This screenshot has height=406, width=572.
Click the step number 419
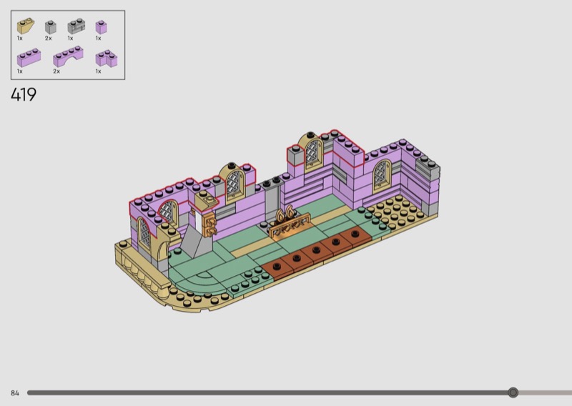(x=24, y=95)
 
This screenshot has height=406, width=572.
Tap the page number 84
(x=15, y=393)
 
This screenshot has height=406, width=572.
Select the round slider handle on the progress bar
(x=513, y=392)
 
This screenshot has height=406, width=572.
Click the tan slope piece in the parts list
(x=26, y=26)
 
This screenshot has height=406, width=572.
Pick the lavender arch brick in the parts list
(x=68, y=56)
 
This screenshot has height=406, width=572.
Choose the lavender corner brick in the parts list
(x=107, y=59)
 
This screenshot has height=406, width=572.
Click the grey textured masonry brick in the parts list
(x=77, y=26)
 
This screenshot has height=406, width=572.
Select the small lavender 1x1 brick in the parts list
(x=101, y=27)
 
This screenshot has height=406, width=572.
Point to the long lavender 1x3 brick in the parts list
(x=29, y=58)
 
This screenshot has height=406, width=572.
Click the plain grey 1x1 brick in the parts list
(x=51, y=27)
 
